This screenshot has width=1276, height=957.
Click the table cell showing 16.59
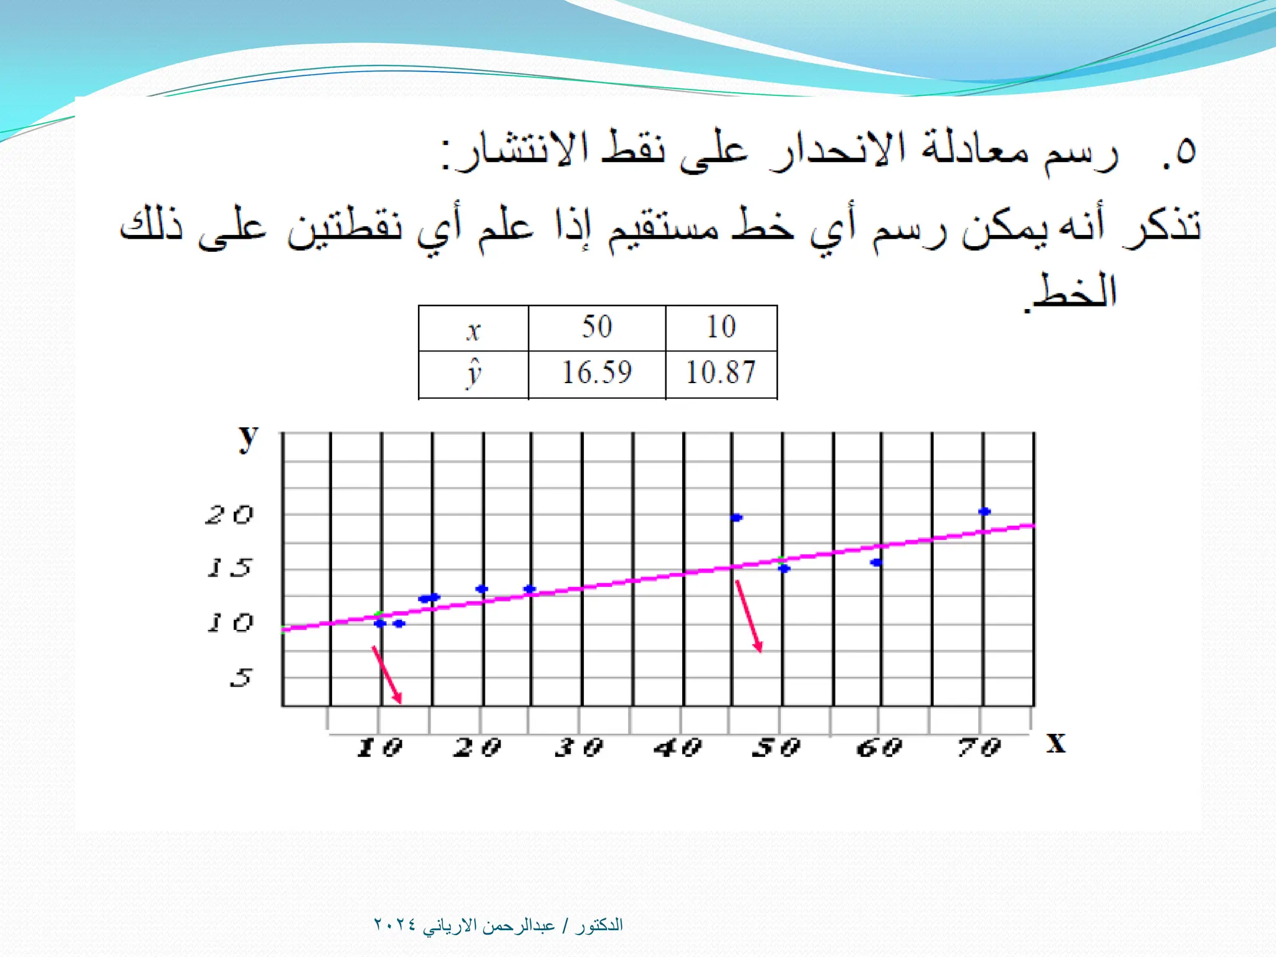coord(597,373)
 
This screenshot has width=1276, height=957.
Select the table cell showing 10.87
coord(721,373)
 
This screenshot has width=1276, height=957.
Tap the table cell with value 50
coord(597,326)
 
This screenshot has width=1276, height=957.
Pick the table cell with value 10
coord(721,326)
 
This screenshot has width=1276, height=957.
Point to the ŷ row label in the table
coord(474,374)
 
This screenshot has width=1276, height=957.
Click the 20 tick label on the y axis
coord(230,515)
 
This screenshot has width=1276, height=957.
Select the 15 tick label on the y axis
coord(230,567)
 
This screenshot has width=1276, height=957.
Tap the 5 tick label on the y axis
coord(240,677)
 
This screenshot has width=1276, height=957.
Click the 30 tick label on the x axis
coord(579,747)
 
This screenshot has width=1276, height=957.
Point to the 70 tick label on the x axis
coord(979,747)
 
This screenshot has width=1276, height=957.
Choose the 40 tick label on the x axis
coord(678,747)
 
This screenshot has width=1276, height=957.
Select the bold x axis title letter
coord(1056,743)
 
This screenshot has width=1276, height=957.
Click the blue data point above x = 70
coord(984,512)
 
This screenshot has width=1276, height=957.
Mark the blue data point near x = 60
coord(876,563)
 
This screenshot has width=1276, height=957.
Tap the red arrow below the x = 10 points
coord(387,675)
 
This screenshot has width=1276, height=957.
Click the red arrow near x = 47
coord(748,616)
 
